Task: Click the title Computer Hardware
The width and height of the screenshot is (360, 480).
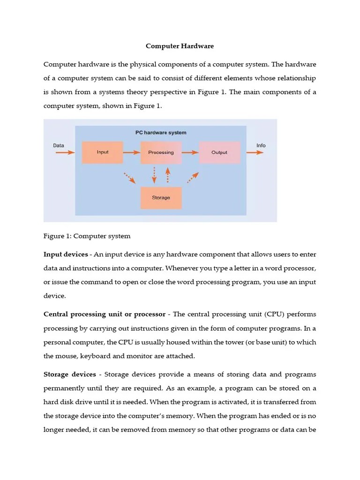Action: (180, 46)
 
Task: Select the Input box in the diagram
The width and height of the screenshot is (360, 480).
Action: (102, 152)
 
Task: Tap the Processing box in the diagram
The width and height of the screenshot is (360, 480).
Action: (161, 152)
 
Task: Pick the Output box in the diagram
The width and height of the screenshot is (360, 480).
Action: (219, 152)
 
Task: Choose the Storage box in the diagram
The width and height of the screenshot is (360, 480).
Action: (161, 198)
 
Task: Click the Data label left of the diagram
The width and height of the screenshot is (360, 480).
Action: (59, 145)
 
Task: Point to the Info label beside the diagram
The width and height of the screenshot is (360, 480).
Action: (261, 145)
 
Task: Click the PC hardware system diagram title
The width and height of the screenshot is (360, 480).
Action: (161, 133)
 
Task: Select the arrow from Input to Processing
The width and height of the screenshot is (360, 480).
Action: (132, 152)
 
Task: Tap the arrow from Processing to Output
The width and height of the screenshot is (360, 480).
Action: (190, 152)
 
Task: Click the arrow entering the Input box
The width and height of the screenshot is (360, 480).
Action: (65, 152)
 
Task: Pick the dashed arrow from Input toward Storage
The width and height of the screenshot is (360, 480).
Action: (129, 178)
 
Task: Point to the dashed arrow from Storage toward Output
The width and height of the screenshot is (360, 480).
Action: (193, 178)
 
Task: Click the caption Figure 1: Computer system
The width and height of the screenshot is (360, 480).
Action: (87, 236)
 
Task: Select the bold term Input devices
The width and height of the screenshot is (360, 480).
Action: (65, 255)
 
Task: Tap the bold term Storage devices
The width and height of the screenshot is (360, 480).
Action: (69, 375)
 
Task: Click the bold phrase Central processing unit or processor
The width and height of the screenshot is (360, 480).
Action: (104, 314)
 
